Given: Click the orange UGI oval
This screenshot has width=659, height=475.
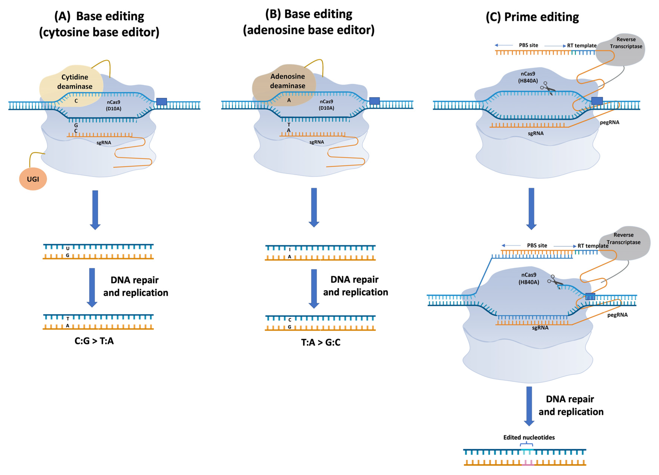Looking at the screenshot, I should pyautogui.click(x=33, y=179).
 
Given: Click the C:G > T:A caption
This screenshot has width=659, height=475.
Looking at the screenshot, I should pyautogui.click(x=94, y=341).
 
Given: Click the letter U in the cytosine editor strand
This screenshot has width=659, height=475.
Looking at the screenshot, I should pyautogui.click(x=68, y=248).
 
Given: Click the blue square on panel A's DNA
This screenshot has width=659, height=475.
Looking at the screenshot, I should pyautogui.click(x=162, y=102).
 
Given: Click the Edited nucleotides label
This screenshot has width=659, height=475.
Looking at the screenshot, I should pyautogui.click(x=529, y=437).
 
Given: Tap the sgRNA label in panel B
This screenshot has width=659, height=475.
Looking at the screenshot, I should pyautogui.click(x=316, y=142).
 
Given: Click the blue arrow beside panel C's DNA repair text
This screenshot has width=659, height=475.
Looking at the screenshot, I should pyautogui.click(x=529, y=406).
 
